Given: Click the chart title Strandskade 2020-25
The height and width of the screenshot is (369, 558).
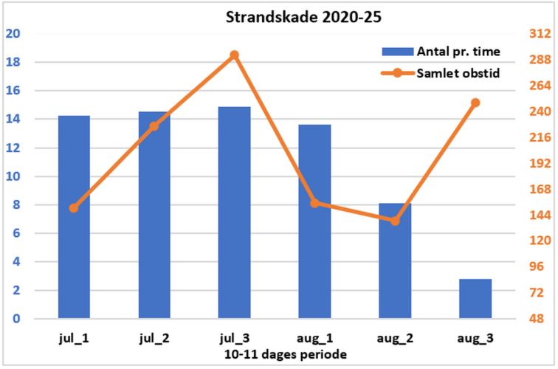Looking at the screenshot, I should pyautogui.click(x=303, y=17).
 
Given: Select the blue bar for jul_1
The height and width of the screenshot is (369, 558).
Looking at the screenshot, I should pyautogui.click(x=74, y=217).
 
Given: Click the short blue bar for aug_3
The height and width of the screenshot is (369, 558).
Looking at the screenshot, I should pyautogui.click(x=475, y=299).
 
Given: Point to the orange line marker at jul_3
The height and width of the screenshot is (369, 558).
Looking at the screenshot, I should pyautogui.click(x=234, y=55).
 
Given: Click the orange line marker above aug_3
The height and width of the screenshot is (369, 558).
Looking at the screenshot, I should pyautogui.click(x=475, y=103).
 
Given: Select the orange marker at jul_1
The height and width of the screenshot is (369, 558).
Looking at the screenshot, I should pyautogui.click(x=74, y=208).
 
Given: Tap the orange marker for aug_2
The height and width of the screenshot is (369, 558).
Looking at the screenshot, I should pyautogui.click(x=395, y=221).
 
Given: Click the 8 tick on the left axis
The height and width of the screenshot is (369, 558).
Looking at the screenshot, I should pyautogui.click(x=15, y=205).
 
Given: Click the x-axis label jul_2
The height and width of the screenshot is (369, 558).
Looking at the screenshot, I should pyautogui.click(x=154, y=339).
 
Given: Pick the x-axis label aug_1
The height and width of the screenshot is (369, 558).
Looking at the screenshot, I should pyautogui.click(x=314, y=339).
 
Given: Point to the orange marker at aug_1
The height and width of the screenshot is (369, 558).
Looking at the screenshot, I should pyautogui.click(x=314, y=203).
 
